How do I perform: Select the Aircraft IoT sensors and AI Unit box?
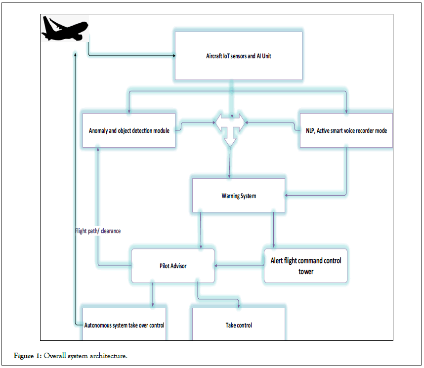tap(238, 56)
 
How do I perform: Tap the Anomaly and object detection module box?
tap(128, 131)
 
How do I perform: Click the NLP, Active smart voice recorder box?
tap(346, 131)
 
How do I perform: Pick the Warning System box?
tap(238, 196)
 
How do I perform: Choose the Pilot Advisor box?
tap(172, 266)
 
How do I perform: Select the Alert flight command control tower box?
tap(305, 266)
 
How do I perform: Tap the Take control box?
tap(238, 325)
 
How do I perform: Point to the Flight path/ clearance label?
tap(97, 231)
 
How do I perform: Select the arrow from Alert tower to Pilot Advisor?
tap(240, 266)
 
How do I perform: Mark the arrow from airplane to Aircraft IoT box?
tap(131, 56)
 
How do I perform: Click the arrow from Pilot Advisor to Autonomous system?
tap(152, 295)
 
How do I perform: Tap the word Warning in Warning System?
tap(230, 196)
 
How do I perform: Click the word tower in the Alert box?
tap(305, 271)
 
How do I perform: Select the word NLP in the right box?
tap(305, 131)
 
